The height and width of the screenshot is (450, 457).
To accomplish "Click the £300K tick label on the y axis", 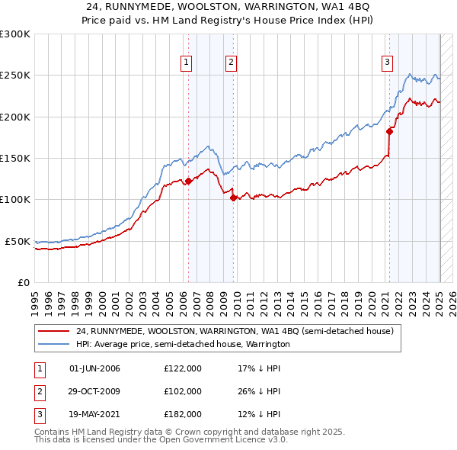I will (15, 34).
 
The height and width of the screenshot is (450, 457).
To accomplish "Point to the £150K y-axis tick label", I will (15, 158).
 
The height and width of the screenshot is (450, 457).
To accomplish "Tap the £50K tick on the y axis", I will (18, 241).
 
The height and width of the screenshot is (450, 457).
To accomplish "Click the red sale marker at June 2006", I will (189, 182).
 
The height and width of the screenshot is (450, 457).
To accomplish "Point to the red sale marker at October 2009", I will (234, 198).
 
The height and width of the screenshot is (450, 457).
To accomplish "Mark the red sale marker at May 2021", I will (390, 132).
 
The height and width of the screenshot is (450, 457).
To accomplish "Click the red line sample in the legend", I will (53, 332).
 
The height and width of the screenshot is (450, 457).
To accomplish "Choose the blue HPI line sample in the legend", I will (53, 344).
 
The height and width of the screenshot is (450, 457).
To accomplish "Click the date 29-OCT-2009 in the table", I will (94, 391).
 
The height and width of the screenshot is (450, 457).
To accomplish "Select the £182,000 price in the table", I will (183, 414).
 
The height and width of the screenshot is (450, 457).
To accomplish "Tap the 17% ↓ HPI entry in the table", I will (259, 368).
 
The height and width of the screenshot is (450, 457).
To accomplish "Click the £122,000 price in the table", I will (183, 368).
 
